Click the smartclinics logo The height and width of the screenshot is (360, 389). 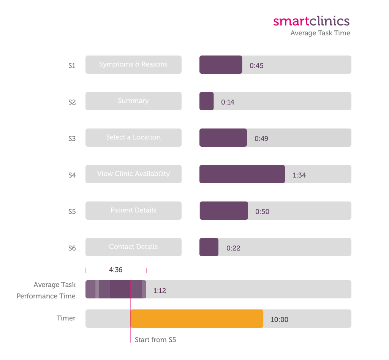coord(311,21)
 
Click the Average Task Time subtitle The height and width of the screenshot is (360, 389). coord(320,33)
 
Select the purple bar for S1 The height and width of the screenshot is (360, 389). coord(221,65)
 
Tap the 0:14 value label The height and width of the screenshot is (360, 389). coord(228,102)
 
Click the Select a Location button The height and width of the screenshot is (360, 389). coord(133,138)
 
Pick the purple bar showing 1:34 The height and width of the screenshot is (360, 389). coord(242,174)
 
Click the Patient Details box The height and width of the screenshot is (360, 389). coord(133,211)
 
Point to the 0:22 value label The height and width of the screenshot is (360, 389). coord(233,248)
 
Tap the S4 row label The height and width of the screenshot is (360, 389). coord(72,175)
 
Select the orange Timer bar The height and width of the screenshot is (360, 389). coord(197,319)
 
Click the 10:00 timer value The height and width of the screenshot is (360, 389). coord(279,320)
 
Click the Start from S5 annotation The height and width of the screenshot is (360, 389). coord(155,340)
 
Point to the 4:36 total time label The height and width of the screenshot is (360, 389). coord(115,270)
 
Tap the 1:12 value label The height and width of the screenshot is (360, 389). coord(160,291)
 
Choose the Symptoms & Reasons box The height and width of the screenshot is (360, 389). coord(133,65)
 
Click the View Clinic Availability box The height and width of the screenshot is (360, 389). coord(133,174)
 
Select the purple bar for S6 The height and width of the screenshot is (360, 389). coord(209,247)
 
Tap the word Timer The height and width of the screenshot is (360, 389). coord(66,318)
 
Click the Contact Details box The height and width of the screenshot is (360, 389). coord(133,247)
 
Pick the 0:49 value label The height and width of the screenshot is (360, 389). coord(261,139)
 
